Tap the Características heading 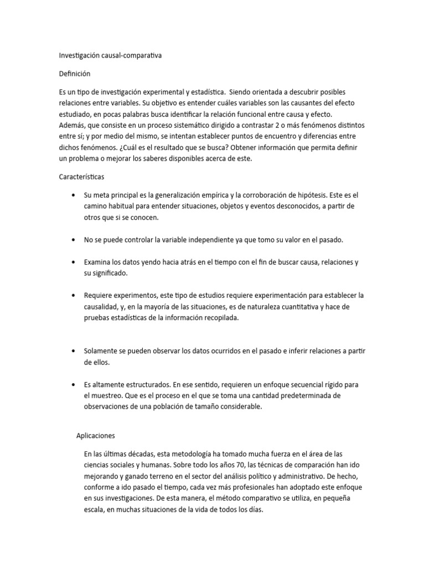pyautogui.click(x=85, y=177)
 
